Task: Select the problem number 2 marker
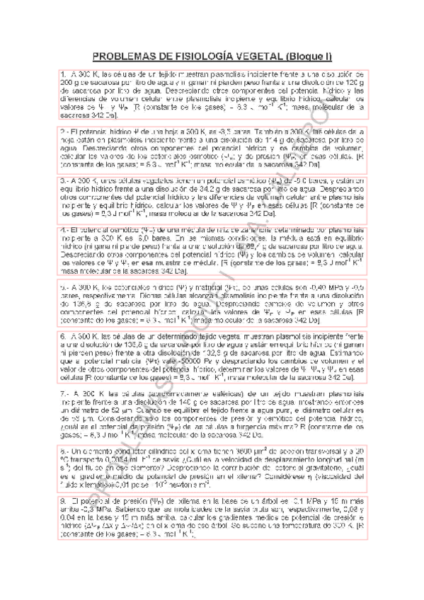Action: point(63,132)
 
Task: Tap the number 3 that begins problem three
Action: point(63,180)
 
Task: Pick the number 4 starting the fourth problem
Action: point(63,229)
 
